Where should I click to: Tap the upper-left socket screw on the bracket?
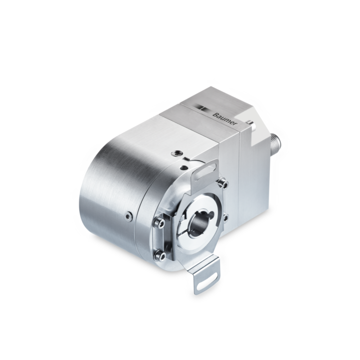[159, 223]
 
